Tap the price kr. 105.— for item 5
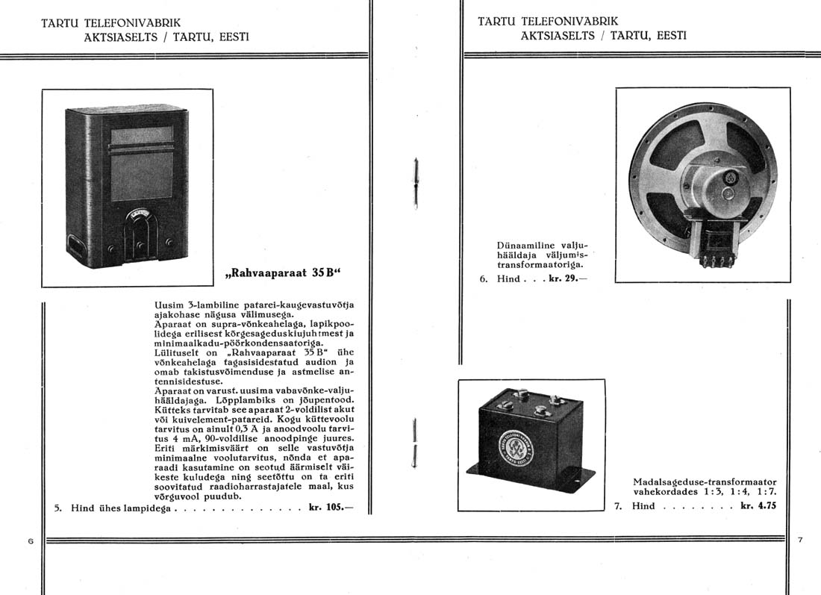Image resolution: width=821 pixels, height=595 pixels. (328, 508)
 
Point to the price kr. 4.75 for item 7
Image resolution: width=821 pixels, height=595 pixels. (758, 505)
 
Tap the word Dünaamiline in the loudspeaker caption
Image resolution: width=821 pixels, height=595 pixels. (522, 244)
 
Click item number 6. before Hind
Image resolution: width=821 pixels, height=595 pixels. (483, 279)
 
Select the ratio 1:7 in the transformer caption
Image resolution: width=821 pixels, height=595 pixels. (767, 492)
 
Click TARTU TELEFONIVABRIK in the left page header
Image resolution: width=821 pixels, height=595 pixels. (111, 23)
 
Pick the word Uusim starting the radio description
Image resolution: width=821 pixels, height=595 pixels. (163, 305)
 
